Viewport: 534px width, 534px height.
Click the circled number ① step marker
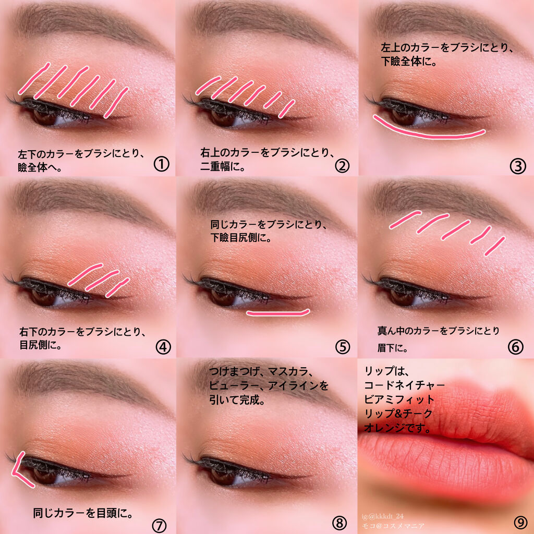point(162,165)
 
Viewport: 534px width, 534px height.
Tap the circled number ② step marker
point(342,165)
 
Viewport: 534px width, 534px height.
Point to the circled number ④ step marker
point(163,347)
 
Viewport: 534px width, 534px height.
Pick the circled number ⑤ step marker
point(342,347)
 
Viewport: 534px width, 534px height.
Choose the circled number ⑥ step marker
point(515,347)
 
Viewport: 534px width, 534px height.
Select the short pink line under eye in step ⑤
point(278,313)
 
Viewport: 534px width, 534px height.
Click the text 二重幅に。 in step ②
point(224,168)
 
